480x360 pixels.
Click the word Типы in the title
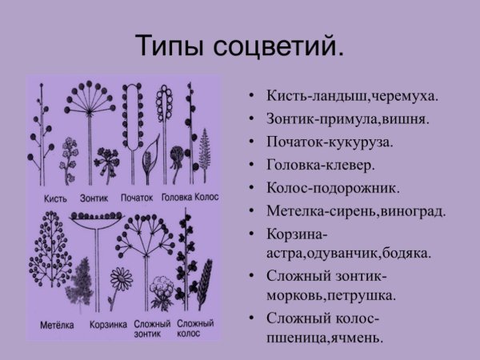tap(170, 46)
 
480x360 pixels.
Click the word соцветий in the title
tap(280, 46)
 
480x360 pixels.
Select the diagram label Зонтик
tap(95, 196)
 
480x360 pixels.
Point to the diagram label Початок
tap(137, 196)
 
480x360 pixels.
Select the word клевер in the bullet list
tap(348, 166)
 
